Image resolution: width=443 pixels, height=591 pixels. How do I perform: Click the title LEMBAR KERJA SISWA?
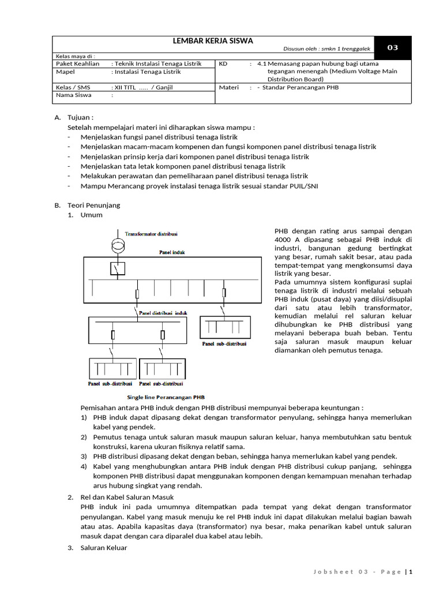[213, 41]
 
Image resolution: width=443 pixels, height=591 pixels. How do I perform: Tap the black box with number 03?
[392, 48]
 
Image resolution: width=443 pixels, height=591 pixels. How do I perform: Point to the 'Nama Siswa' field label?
[73, 96]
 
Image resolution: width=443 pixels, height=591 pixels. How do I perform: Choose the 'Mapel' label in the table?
[65, 72]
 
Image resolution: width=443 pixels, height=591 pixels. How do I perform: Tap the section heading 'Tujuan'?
[80, 117]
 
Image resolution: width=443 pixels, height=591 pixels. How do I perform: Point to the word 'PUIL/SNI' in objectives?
[303, 186]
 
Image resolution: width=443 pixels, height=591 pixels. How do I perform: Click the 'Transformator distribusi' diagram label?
[151, 234]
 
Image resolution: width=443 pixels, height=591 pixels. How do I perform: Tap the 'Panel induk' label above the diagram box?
[172, 252]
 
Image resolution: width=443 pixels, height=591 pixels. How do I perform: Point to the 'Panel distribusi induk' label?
[164, 312]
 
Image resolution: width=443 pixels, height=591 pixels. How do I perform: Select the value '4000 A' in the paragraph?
[287, 240]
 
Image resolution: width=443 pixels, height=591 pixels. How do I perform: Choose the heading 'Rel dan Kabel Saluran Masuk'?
[127, 498]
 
